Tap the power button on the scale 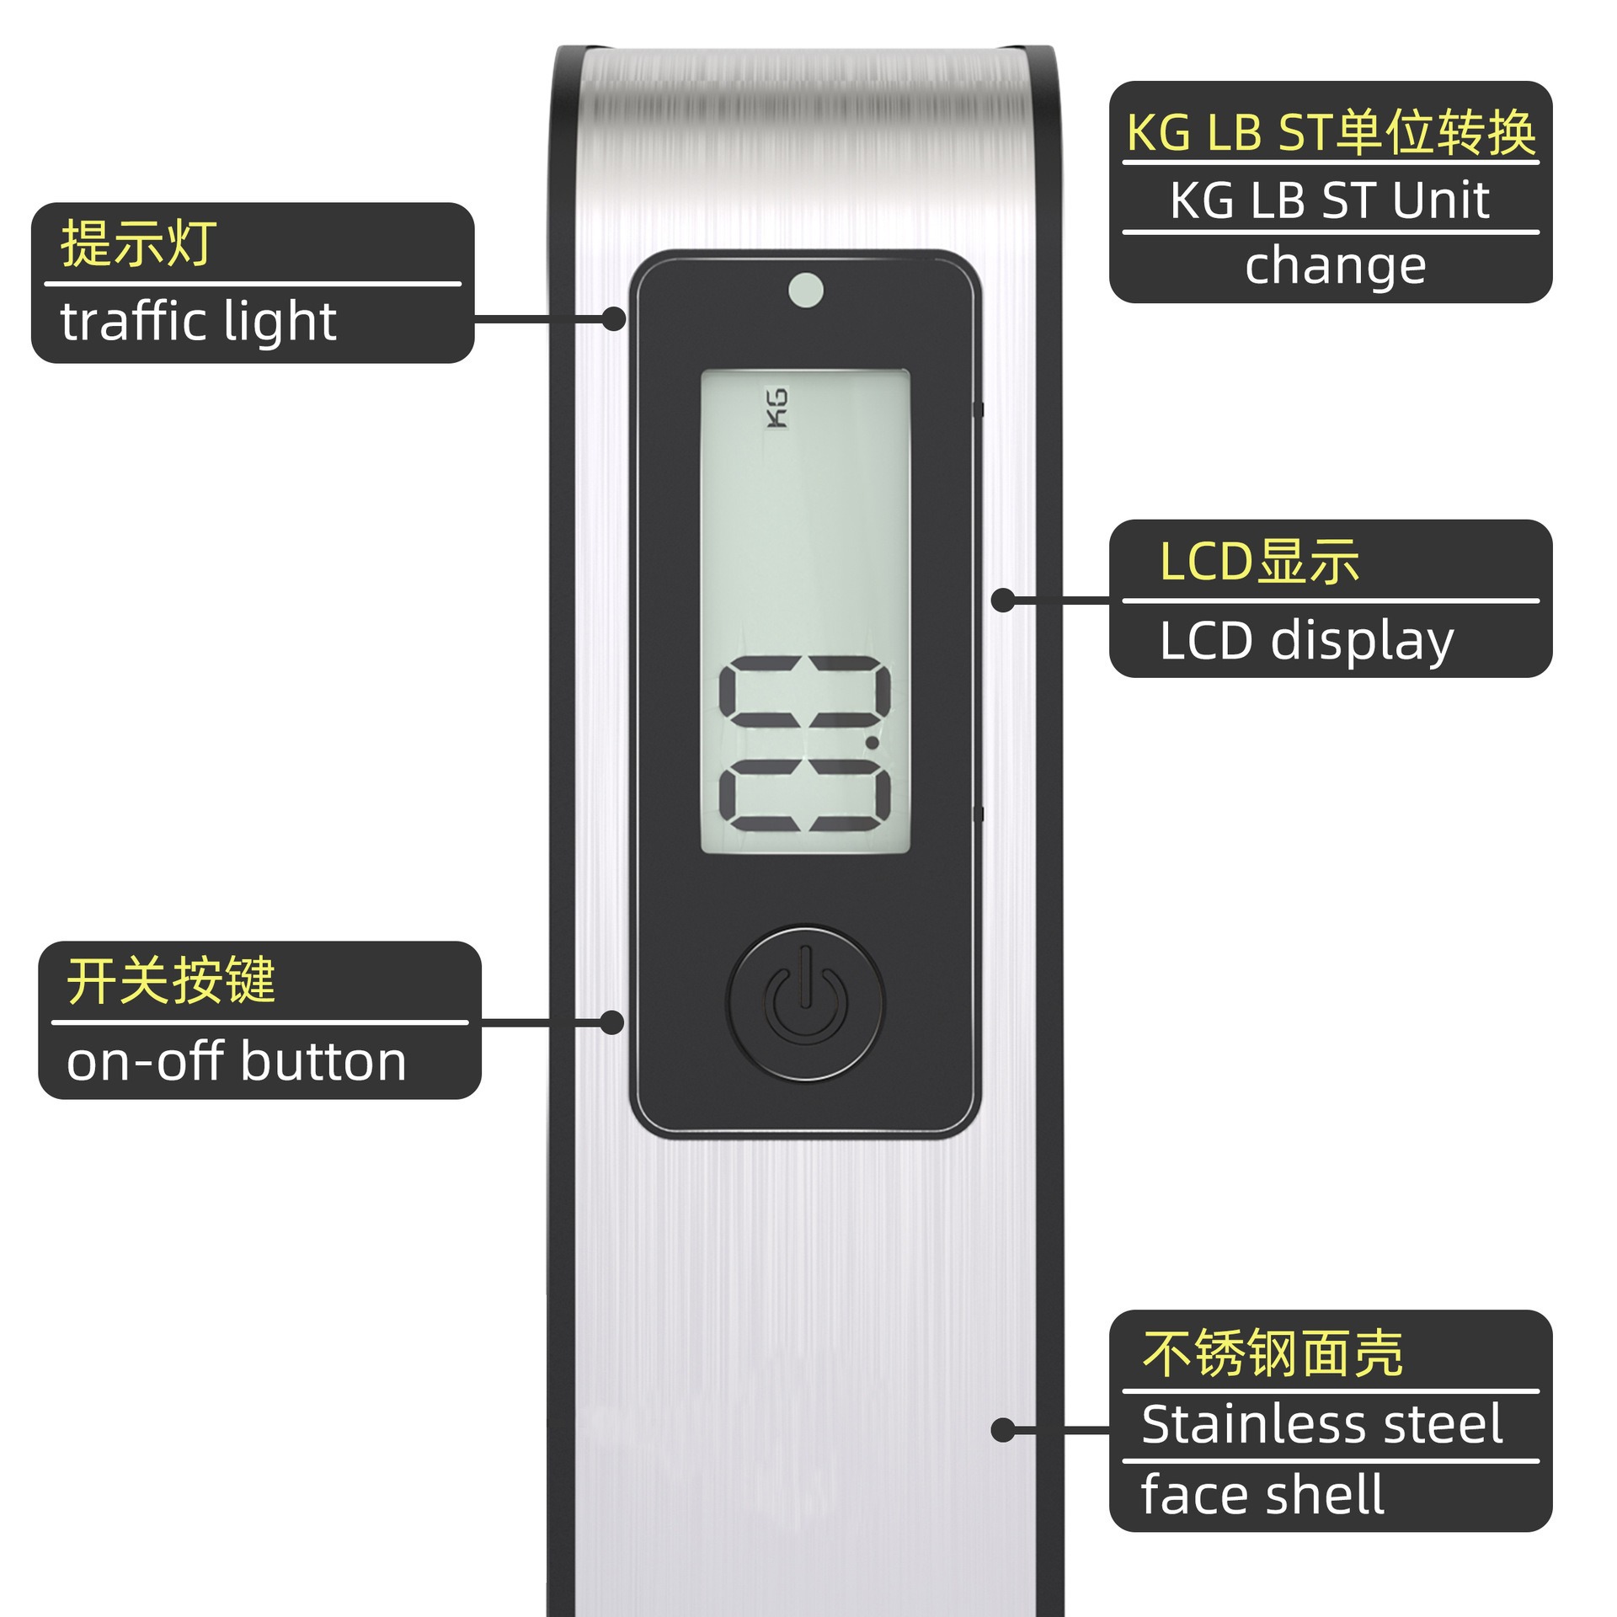tap(806, 1002)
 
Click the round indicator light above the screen tap(806, 290)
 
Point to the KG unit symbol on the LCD tap(776, 408)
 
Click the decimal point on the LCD tap(873, 742)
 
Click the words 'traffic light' tap(199, 322)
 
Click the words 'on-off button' tap(237, 1061)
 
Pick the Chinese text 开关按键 tap(171, 980)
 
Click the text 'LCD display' tap(1306, 641)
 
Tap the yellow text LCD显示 tap(1259, 561)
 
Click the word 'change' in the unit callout tap(1336, 266)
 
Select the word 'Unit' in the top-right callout tap(1441, 200)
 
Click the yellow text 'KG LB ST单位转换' tap(1331, 133)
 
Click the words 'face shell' tap(1262, 1494)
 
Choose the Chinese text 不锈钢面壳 tap(1273, 1353)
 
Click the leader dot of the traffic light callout tap(614, 319)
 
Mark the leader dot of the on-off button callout tap(612, 1023)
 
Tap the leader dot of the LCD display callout tap(1003, 600)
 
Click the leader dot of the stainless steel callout tap(1003, 1430)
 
